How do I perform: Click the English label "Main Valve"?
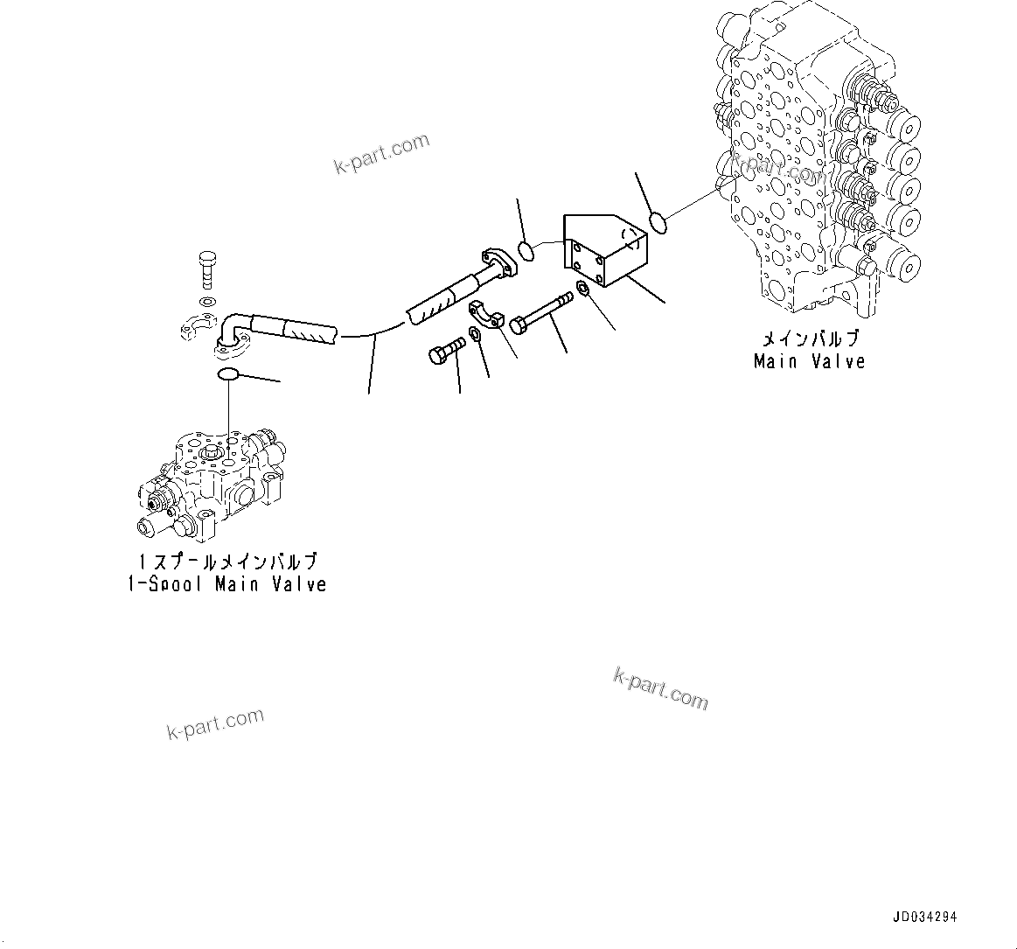(809, 361)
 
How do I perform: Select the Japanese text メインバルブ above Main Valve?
(810, 339)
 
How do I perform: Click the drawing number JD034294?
(925, 917)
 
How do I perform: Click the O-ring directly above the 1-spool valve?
(227, 375)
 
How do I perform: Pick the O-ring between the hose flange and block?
(526, 251)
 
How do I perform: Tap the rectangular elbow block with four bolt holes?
(605, 250)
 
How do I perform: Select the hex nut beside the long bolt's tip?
(582, 290)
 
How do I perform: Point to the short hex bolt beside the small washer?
(446, 351)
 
